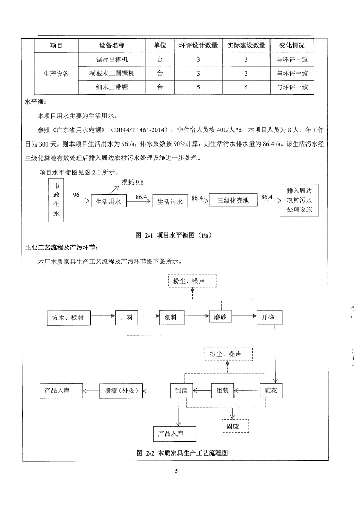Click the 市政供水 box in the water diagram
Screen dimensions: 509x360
(57, 200)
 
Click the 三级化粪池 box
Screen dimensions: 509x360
(232, 201)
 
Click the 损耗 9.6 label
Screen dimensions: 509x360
(133, 183)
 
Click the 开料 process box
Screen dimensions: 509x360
(127, 318)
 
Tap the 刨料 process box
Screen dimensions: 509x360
(171, 318)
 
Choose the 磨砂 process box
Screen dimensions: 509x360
(220, 317)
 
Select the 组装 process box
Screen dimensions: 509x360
(223, 390)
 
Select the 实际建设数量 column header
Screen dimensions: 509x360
(246, 45)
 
